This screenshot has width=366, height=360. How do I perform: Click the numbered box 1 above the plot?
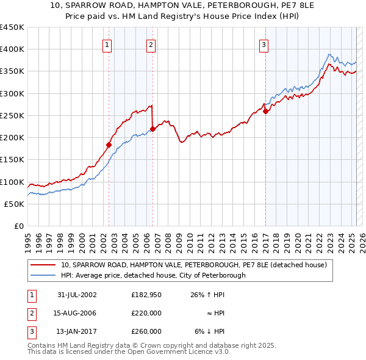[x=107, y=44]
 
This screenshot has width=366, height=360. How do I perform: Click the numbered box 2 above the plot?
[x=151, y=44]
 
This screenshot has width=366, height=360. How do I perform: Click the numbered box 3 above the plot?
[x=264, y=44]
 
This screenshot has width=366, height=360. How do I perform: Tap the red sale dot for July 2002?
[x=109, y=145]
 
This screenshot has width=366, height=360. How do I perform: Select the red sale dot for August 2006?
[x=152, y=128]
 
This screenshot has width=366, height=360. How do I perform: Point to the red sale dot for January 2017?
[x=265, y=111]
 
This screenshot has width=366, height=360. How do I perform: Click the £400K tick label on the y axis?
[x=12, y=49]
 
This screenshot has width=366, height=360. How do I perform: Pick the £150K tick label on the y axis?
[x=12, y=160]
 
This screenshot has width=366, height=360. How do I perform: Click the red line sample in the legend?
[x=43, y=265]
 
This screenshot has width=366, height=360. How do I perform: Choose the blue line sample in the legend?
[x=43, y=275]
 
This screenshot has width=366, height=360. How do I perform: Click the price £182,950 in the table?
[x=146, y=295]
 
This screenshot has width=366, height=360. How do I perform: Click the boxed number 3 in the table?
[x=31, y=331]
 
